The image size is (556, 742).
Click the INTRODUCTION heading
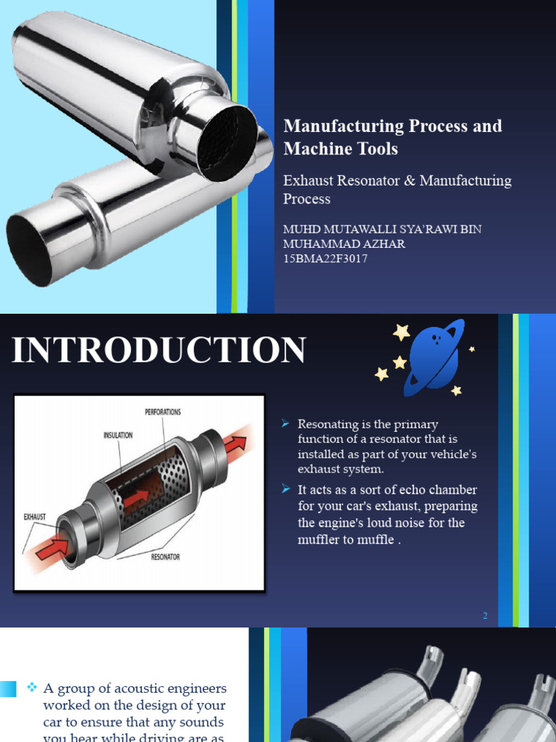click(159, 350)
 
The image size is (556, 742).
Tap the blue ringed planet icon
click(433, 358)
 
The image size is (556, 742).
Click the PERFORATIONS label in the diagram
click(163, 412)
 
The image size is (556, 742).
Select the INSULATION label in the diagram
click(117, 435)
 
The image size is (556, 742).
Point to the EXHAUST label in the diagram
click(35, 517)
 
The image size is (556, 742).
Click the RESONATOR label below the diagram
click(165, 557)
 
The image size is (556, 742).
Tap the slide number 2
click(485, 616)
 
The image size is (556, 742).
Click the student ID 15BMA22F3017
click(325, 259)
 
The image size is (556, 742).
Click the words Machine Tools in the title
click(340, 149)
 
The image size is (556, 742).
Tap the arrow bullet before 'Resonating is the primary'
click(286, 424)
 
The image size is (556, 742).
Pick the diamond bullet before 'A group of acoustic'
click(32, 687)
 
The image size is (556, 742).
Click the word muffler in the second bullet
click(316, 540)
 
